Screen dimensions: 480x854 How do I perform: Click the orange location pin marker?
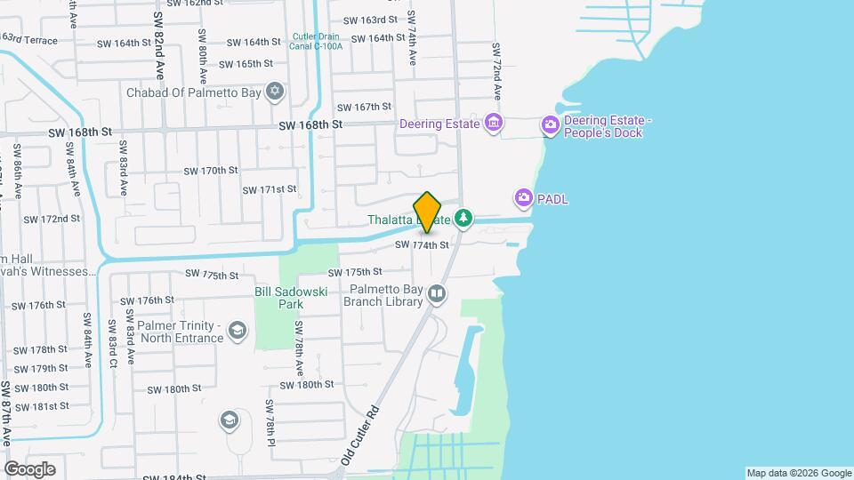pos(428,212)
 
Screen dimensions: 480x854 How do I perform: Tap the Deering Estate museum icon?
pos(493,124)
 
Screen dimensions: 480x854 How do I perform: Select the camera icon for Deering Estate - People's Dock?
pos(551,127)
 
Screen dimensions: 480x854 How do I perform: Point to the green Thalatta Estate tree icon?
pos(463,218)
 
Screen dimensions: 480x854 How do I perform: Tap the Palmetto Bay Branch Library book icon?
pos(436,293)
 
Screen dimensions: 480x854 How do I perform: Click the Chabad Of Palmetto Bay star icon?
pos(275,92)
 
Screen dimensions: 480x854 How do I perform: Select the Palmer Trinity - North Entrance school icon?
pos(237,332)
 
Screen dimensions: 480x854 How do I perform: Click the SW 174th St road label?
pos(422,244)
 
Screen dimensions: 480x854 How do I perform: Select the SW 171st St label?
pos(269,189)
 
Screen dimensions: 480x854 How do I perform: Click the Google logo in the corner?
pos(29,468)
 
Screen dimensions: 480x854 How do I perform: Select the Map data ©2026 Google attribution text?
pos(798,473)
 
